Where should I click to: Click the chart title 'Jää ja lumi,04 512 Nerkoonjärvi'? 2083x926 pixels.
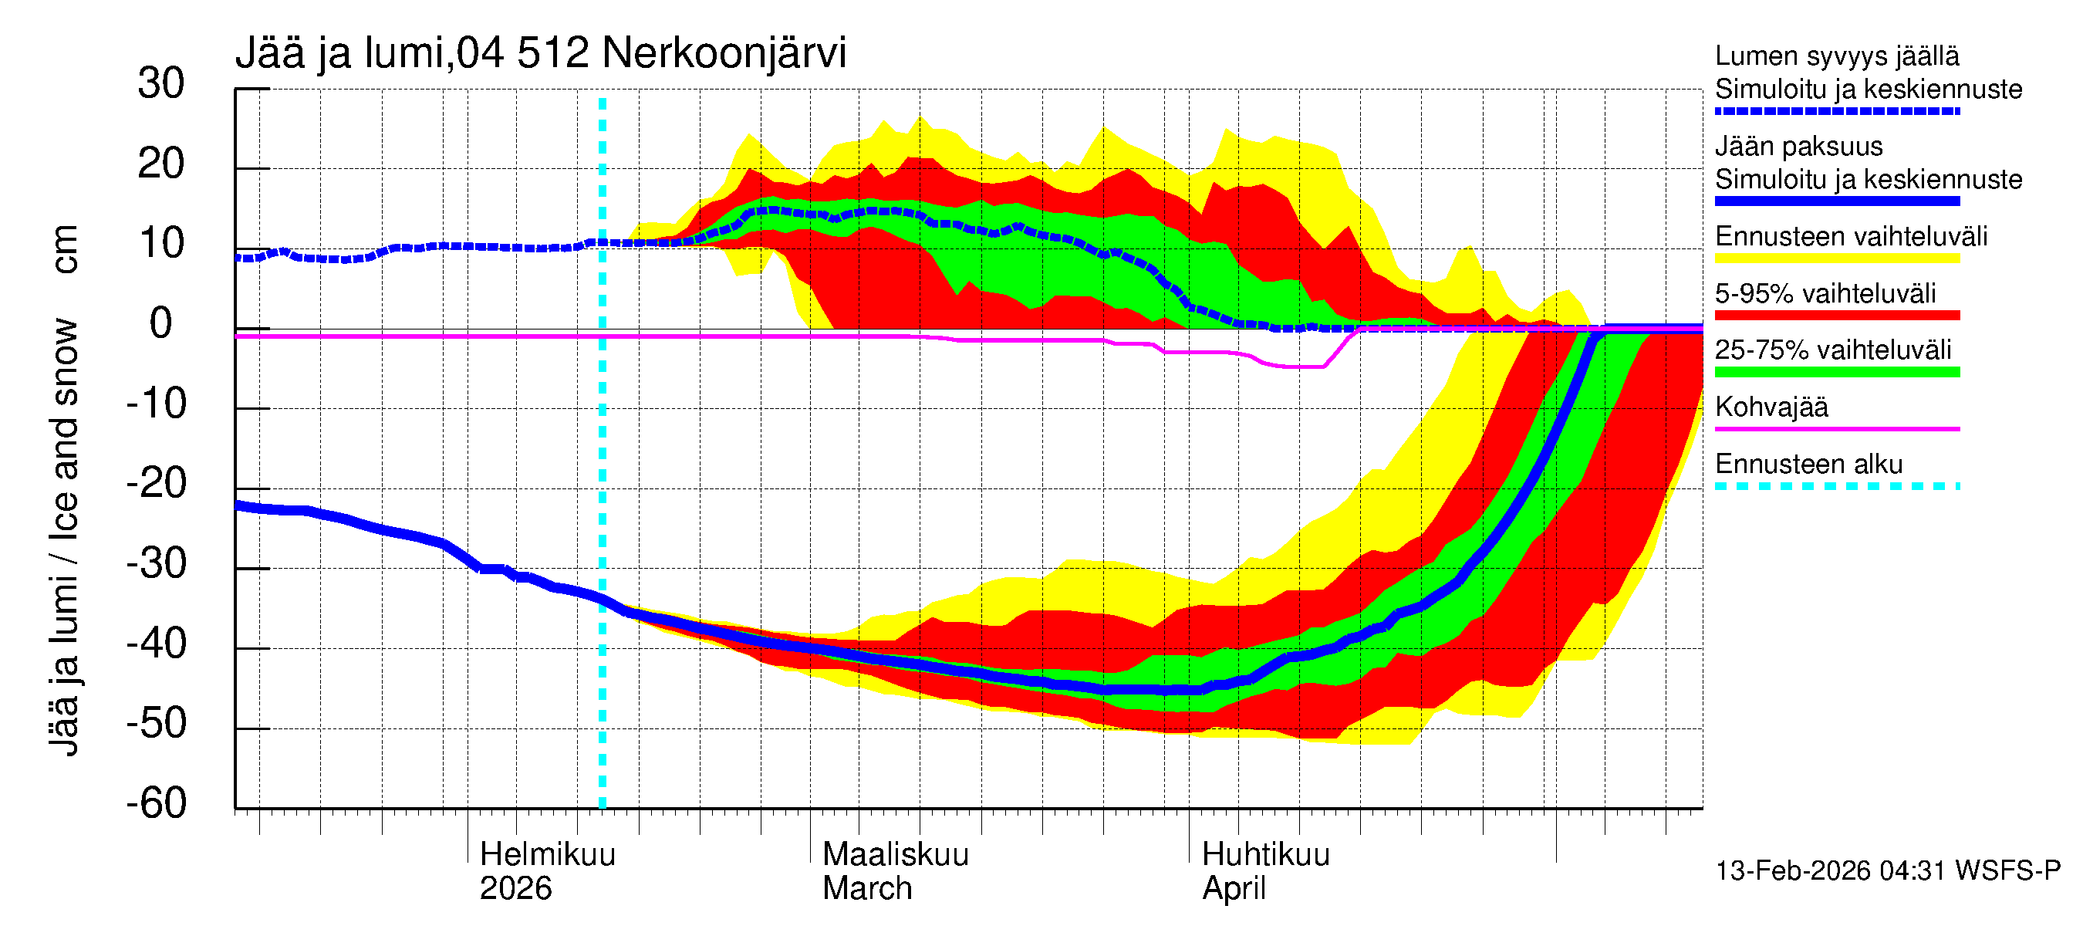coord(540,53)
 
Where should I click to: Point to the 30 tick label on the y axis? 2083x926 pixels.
coord(161,83)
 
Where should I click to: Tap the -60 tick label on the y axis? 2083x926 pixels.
coord(156,803)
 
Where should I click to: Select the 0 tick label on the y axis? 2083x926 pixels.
coord(161,323)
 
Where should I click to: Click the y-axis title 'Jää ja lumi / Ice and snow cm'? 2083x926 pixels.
coord(64,489)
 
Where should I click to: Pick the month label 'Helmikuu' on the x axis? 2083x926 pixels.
coord(548,854)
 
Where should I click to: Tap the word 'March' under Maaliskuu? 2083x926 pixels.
coord(867,888)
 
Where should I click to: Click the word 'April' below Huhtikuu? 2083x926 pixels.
coord(1233,888)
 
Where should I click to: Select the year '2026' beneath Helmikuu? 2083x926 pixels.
coord(515,888)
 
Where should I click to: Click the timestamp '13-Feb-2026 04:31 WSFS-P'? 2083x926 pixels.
coord(1887,870)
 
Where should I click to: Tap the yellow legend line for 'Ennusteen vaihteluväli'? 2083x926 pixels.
coord(1836,259)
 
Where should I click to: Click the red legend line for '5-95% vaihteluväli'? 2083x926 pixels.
coord(1836,316)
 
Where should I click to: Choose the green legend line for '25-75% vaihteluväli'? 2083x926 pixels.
coord(1836,372)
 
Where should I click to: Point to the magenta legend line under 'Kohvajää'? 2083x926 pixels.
coord(1836,428)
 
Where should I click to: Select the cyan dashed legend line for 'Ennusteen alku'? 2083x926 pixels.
coord(1836,486)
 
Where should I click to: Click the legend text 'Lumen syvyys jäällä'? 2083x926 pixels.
coord(1836,56)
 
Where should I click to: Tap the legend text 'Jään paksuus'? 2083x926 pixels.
coord(1798,147)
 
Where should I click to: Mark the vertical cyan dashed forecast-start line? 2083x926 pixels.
coord(603,485)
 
